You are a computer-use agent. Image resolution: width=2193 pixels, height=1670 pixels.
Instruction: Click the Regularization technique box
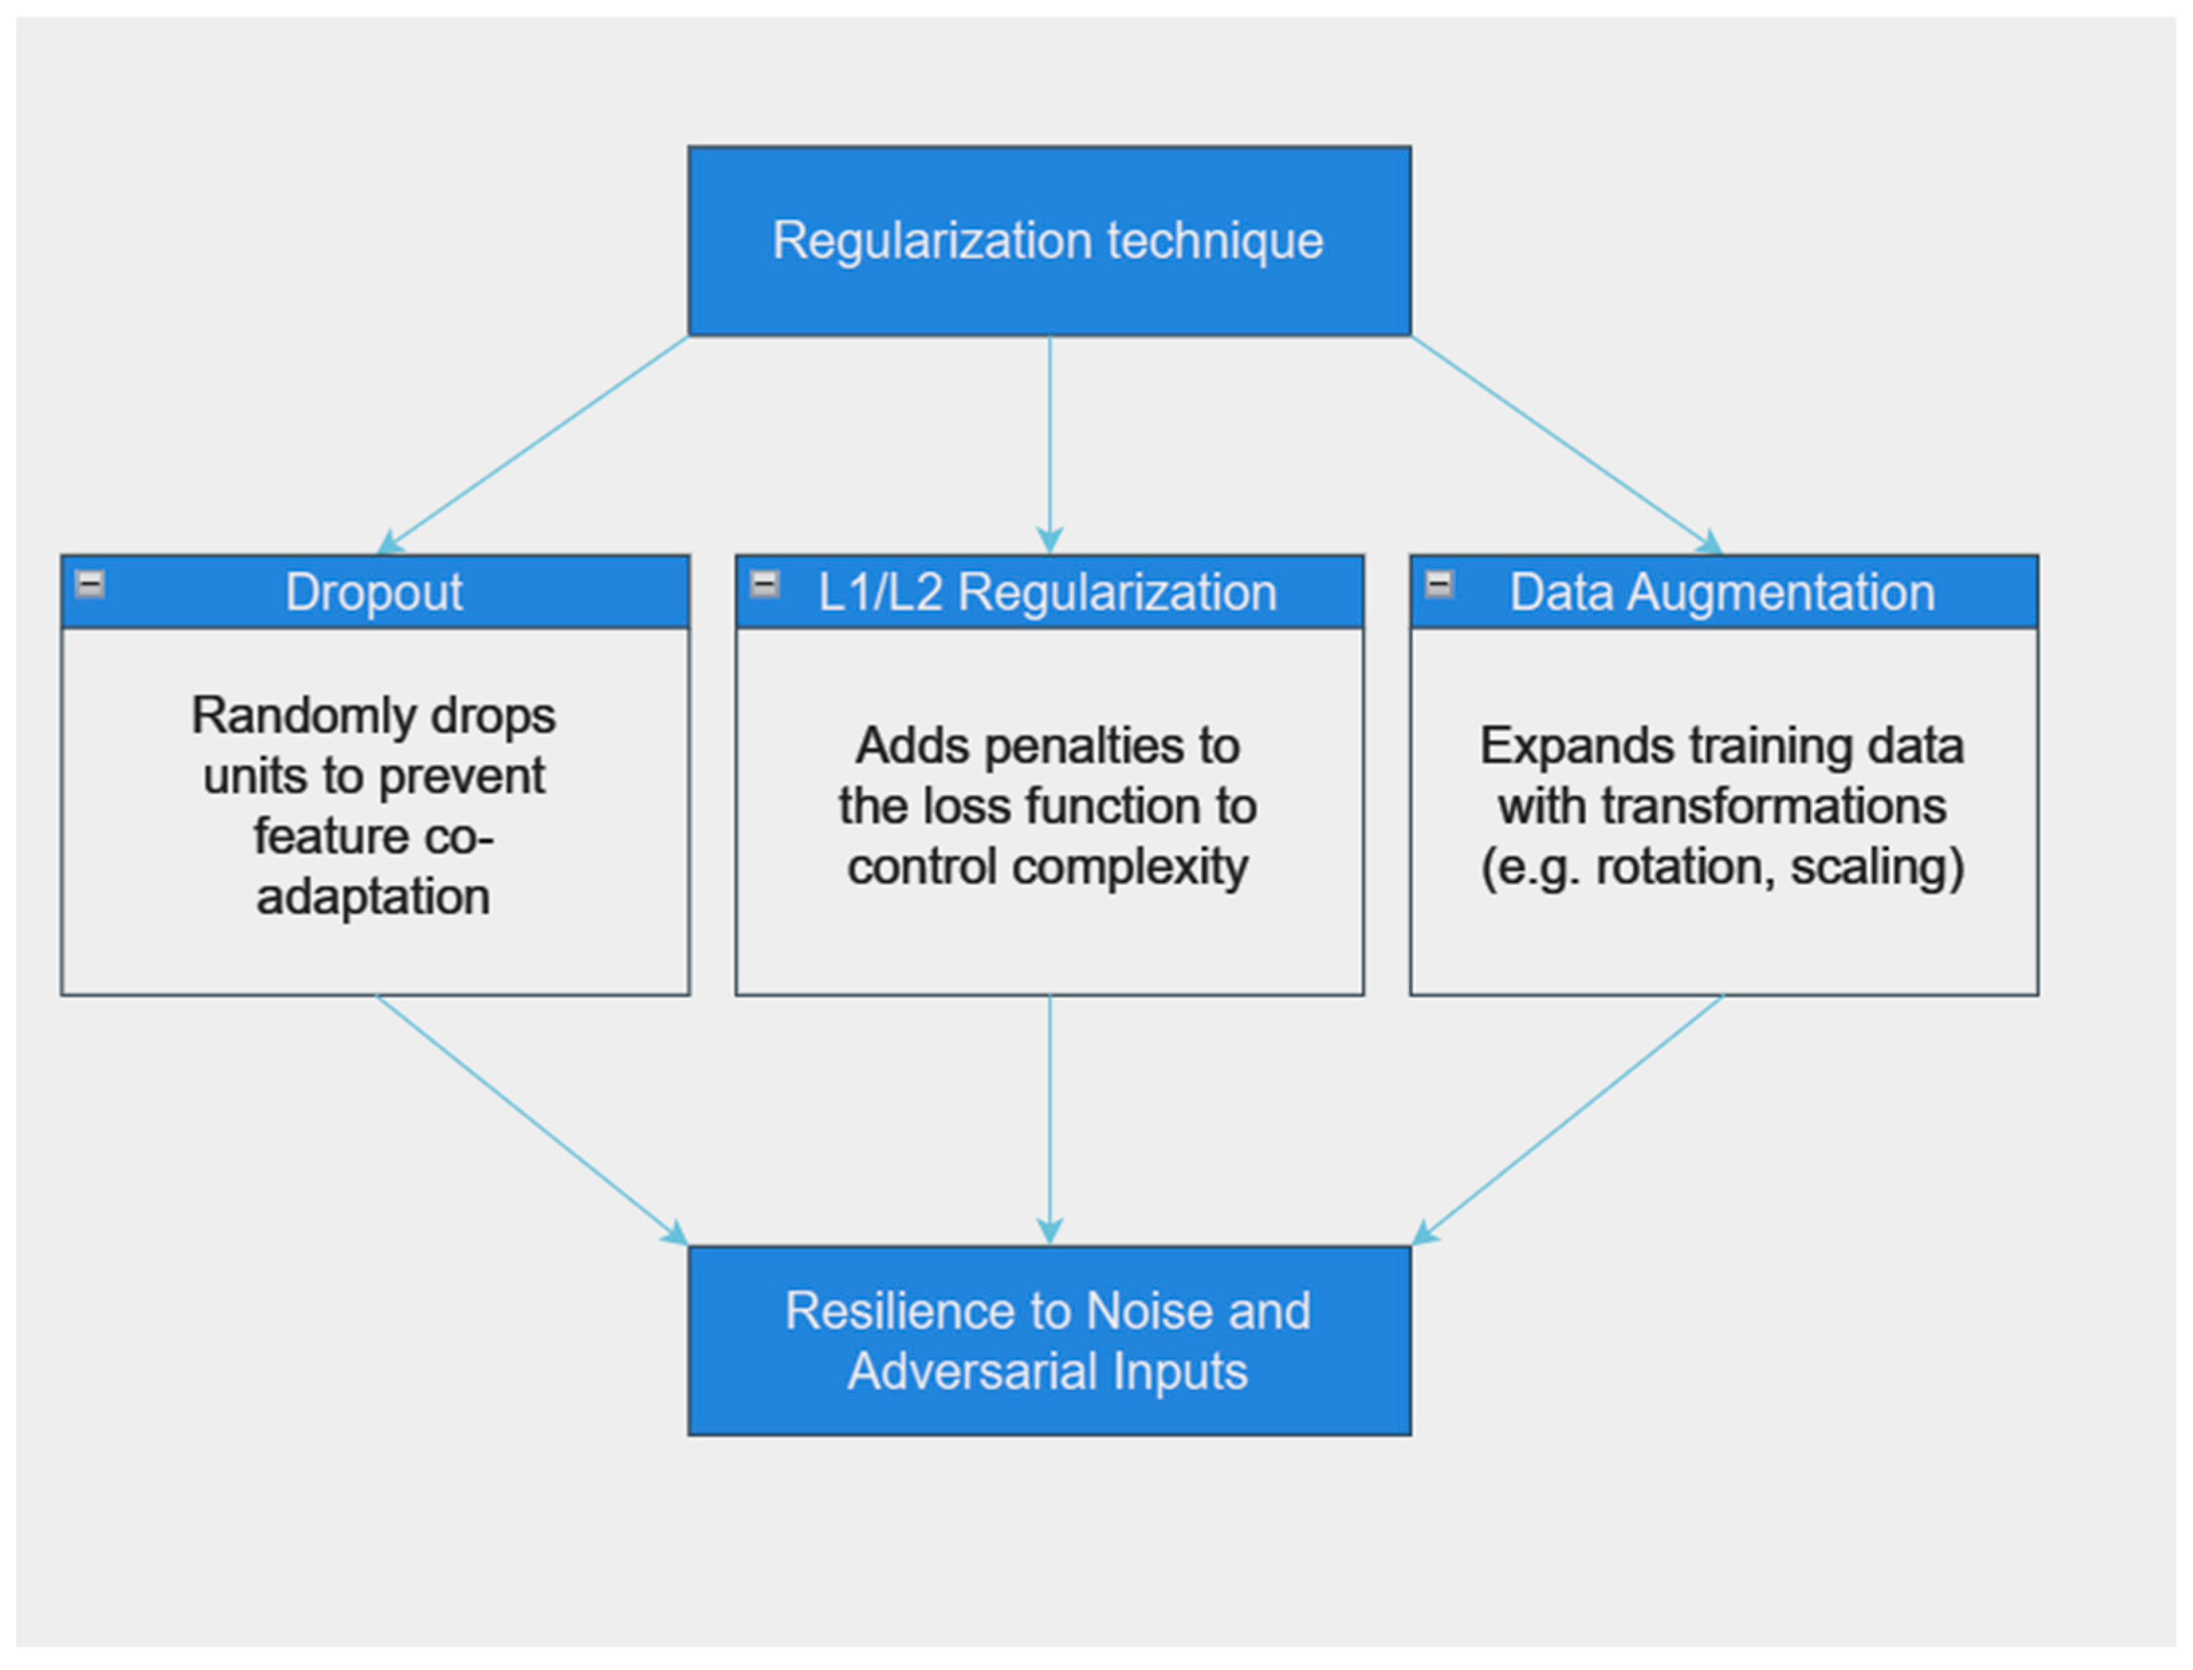1049,241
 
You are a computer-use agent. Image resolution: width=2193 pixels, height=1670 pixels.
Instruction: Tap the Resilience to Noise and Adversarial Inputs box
1049,1340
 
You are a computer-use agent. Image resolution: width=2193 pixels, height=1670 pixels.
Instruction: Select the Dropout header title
374,593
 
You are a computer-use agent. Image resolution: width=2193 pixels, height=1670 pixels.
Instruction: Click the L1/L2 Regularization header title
1047,593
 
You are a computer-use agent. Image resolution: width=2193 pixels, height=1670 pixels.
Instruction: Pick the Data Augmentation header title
1722,593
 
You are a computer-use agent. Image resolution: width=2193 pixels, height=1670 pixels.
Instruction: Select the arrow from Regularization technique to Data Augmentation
1566,444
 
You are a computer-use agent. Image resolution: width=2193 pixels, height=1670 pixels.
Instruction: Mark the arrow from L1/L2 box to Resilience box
1050,1118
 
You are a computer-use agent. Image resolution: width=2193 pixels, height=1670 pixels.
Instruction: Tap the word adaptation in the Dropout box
374,896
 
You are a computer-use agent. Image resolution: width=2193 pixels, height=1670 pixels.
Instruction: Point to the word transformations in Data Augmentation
1773,807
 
